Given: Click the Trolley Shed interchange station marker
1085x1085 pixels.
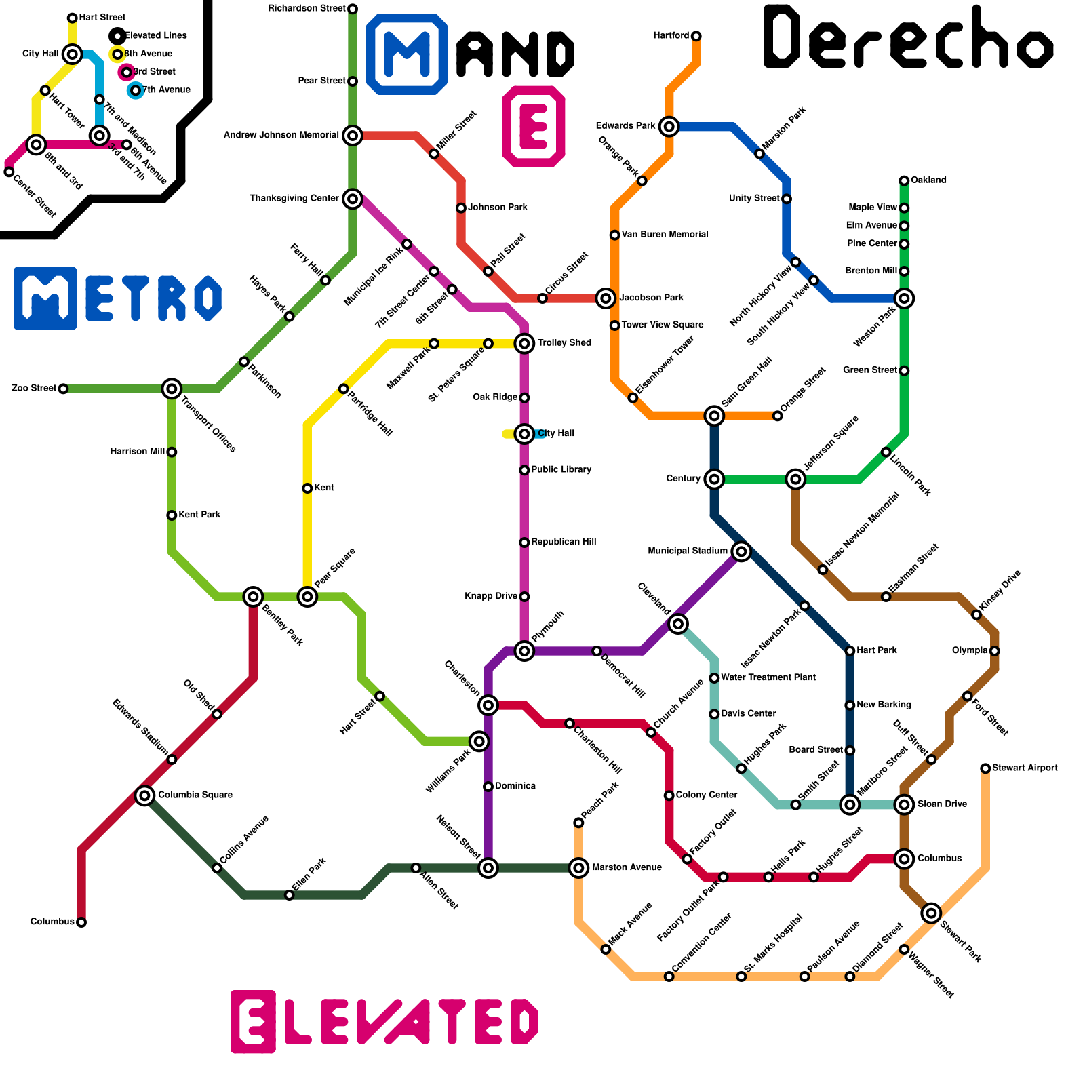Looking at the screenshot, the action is tap(524, 343).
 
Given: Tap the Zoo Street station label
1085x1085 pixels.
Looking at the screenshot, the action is tap(34, 389).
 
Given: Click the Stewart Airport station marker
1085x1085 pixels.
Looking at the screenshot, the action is tap(985, 768).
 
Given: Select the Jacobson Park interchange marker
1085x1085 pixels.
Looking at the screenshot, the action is tap(606, 298).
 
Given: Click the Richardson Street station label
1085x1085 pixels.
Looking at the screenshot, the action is tap(307, 9).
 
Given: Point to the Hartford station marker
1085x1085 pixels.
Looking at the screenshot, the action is tap(696, 36).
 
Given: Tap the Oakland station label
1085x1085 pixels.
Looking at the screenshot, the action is tap(928, 180).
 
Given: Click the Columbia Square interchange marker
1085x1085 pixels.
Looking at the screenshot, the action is tap(144, 795).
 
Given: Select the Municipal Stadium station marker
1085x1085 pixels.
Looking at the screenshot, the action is tap(741, 551).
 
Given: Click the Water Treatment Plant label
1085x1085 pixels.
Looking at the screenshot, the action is tap(768, 677).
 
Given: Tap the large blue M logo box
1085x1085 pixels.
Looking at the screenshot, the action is tap(407, 54).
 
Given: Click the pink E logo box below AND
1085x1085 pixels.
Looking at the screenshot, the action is tap(534, 126).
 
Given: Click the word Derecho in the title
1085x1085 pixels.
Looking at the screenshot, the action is tap(909, 39).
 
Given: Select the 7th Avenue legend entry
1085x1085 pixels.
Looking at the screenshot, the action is tap(165, 90).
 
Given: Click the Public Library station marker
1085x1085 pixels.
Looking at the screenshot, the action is tap(524, 470).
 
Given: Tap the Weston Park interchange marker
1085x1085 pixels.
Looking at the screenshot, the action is tap(904, 298).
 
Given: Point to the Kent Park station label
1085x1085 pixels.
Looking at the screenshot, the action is tap(199, 515).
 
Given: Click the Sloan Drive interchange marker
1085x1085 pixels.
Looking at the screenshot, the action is tap(904, 805).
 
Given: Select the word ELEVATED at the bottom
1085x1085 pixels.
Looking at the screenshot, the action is tap(384, 1021).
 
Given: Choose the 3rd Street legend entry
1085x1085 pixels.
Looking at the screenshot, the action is tap(154, 72).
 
